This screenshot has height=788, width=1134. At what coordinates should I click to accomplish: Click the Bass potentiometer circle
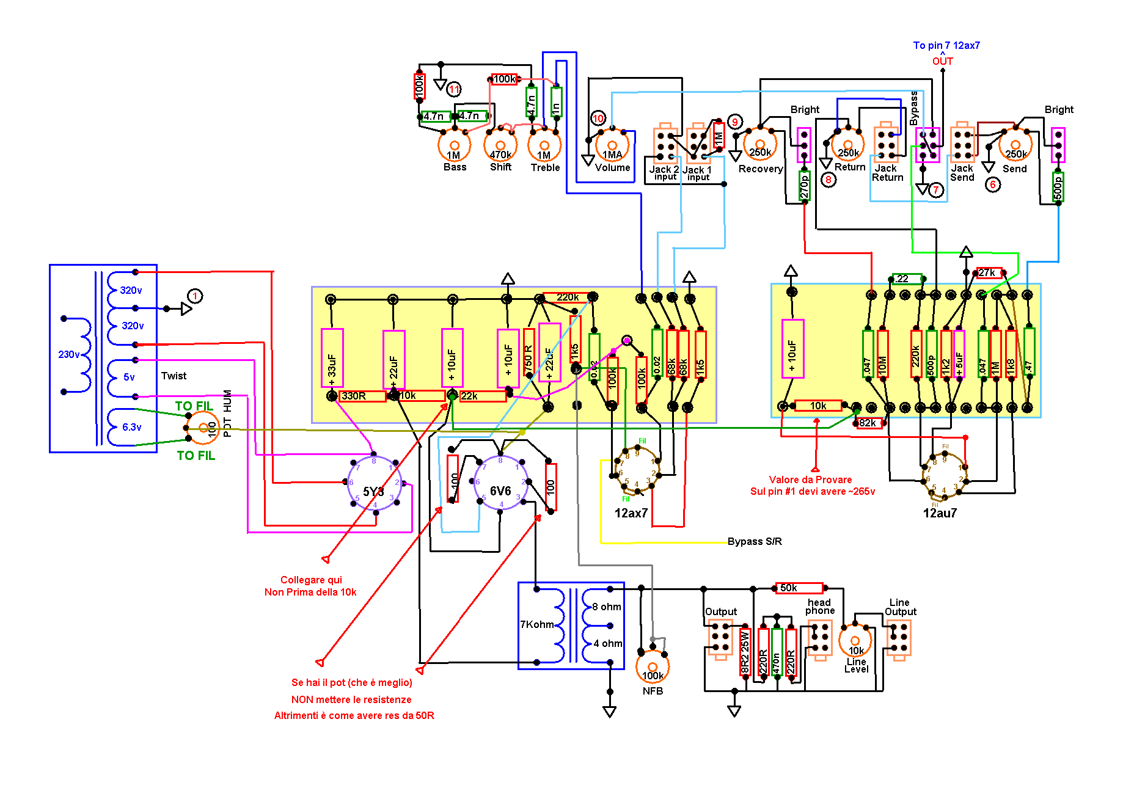pyautogui.click(x=454, y=146)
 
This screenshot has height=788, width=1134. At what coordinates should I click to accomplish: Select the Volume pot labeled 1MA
pyautogui.click(x=612, y=147)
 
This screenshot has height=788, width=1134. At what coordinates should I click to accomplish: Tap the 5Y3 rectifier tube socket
pyautogui.click(x=374, y=484)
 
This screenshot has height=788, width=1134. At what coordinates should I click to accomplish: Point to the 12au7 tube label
pyautogui.click(x=940, y=513)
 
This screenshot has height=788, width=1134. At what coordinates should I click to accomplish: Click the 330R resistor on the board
pyautogui.click(x=362, y=396)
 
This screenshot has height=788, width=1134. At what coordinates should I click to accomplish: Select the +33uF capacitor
pyautogui.click(x=332, y=358)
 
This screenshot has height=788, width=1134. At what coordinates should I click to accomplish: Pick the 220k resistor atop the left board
pyautogui.click(x=567, y=297)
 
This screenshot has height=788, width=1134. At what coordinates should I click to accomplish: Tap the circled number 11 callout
pyautogui.click(x=454, y=89)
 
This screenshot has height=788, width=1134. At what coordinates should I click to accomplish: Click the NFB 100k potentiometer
pyautogui.click(x=653, y=667)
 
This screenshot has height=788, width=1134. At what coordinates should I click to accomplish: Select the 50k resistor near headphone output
pyautogui.click(x=799, y=588)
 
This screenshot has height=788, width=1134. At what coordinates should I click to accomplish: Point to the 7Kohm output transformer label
pyautogui.click(x=536, y=624)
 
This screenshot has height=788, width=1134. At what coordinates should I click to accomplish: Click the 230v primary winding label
pyautogui.click(x=68, y=354)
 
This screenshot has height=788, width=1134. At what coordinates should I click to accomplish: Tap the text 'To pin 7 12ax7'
pyautogui.click(x=946, y=45)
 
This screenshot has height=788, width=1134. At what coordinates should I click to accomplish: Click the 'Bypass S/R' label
pyautogui.click(x=755, y=541)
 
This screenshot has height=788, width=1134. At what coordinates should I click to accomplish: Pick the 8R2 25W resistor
pyautogui.click(x=745, y=652)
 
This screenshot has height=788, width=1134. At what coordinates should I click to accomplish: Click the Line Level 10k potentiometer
pyautogui.click(x=855, y=640)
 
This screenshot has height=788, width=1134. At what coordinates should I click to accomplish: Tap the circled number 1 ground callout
pyautogui.click(x=194, y=296)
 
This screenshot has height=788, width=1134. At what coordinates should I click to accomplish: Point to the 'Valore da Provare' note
pyautogui.click(x=810, y=480)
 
